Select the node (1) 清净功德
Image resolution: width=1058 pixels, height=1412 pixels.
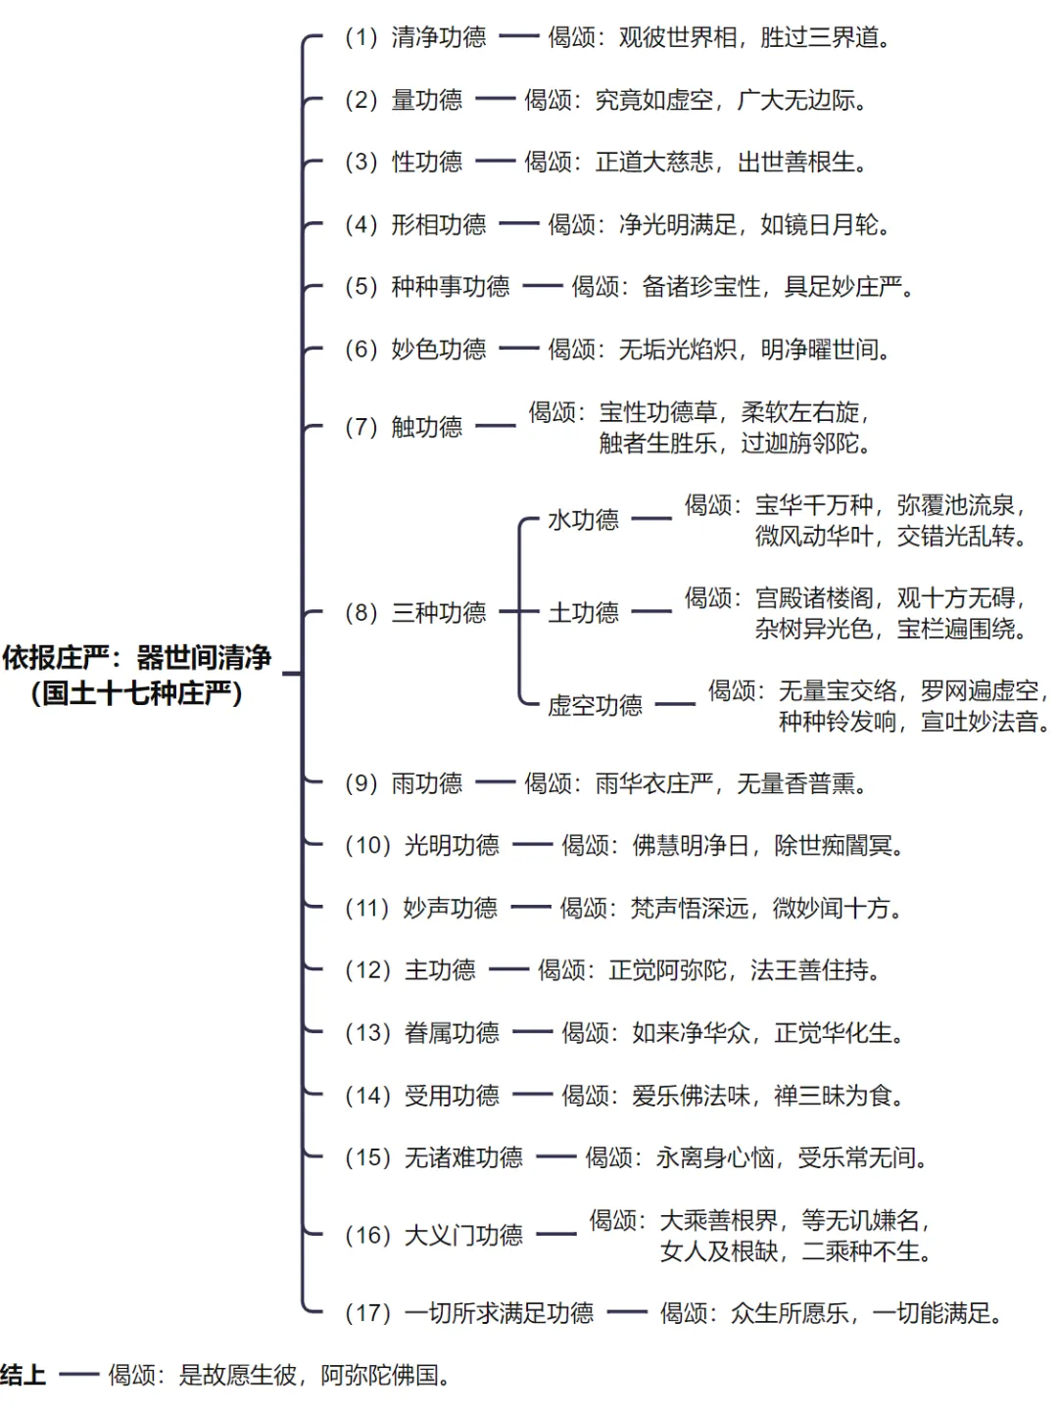[x=415, y=37]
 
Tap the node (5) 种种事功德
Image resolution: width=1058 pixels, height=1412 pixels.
[x=427, y=286]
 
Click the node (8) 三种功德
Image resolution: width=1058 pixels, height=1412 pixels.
[x=415, y=613]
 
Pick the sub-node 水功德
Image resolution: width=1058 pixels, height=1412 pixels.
[x=583, y=520]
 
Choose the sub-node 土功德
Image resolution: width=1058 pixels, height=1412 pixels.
[x=583, y=613]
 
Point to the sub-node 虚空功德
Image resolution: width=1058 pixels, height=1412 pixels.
[x=595, y=705]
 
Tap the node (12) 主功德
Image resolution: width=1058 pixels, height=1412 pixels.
[x=410, y=970]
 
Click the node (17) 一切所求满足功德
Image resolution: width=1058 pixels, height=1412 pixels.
[x=469, y=1313]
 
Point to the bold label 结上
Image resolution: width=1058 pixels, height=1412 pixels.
[x=24, y=1375]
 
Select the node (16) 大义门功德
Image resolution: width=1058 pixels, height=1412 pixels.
[x=434, y=1235]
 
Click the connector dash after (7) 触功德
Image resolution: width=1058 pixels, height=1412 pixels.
[x=495, y=426]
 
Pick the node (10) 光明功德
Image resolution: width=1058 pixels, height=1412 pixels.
[x=422, y=845]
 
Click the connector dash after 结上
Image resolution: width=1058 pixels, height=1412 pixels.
[x=78, y=1375]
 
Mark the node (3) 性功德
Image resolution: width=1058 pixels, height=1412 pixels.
[x=404, y=162]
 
